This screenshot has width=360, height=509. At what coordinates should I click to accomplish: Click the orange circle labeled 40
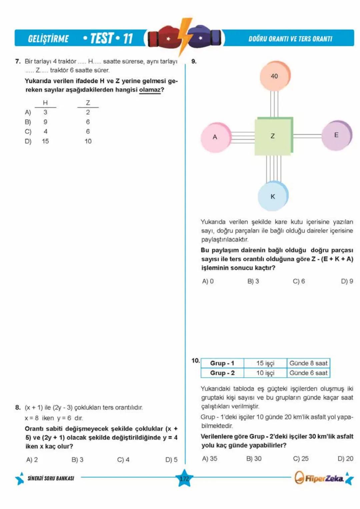pyautogui.click(x=274, y=76)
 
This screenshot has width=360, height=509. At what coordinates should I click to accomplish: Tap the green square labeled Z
pyautogui.click(x=273, y=136)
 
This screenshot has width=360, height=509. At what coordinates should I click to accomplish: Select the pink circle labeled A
pyautogui.click(x=215, y=137)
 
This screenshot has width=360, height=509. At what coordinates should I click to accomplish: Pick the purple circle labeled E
pyautogui.click(x=336, y=135)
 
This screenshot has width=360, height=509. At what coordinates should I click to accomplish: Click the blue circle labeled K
pyautogui.click(x=273, y=196)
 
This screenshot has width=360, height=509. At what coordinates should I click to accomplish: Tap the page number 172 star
pyautogui.click(x=184, y=479)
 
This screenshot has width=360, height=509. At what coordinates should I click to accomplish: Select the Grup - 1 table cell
pyautogui.click(x=222, y=363)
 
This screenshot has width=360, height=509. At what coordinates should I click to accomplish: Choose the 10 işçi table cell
pyautogui.click(x=265, y=373)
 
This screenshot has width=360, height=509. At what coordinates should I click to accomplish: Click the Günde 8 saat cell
pyautogui.click(x=308, y=363)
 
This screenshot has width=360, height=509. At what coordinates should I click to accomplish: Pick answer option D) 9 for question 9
pyautogui.click(x=347, y=281)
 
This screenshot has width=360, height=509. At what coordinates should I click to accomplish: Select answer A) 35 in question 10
pyautogui.click(x=209, y=459)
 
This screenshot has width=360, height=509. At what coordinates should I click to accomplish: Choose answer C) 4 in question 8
pyautogui.click(x=123, y=460)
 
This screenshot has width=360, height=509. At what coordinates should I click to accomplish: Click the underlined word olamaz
pyautogui.click(x=150, y=90)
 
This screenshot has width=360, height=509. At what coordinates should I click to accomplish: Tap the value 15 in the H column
pyautogui.click(x=45, y=141)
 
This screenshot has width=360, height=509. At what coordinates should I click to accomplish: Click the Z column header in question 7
pyautogui.click(x=88, y=103)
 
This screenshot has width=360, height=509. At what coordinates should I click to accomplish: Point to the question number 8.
pyautogui.click(x=18, y=407)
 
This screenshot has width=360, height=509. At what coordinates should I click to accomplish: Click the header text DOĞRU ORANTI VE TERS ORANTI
pyautogui.click(x=290, y=39)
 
